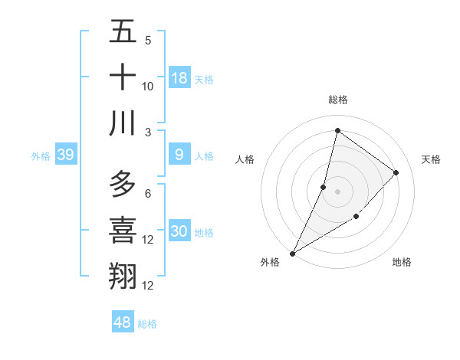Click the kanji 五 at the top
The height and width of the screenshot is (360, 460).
[123, 33]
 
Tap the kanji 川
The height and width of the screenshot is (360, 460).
[123, 123]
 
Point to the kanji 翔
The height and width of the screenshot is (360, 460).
[123, 275]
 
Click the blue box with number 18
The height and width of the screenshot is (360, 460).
[179, 78]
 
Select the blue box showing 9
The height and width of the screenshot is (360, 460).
[179, 155]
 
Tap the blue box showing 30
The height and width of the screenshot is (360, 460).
[179, 231]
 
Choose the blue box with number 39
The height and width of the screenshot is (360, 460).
[66, 155]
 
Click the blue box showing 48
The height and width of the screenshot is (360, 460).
[122, 322]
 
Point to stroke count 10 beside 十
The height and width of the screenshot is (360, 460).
[148, 87]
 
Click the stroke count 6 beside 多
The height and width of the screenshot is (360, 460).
[148, 194]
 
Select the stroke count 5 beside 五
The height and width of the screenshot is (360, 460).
[148, 41]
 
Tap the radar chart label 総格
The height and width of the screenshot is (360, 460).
[338, 100]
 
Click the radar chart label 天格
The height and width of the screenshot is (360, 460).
[432, 159]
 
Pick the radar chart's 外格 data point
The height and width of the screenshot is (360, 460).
[292, 253]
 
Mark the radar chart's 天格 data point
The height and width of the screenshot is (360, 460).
[396, 173]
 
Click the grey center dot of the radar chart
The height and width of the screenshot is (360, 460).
[337, 191]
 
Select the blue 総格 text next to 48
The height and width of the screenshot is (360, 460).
[147, 324]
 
